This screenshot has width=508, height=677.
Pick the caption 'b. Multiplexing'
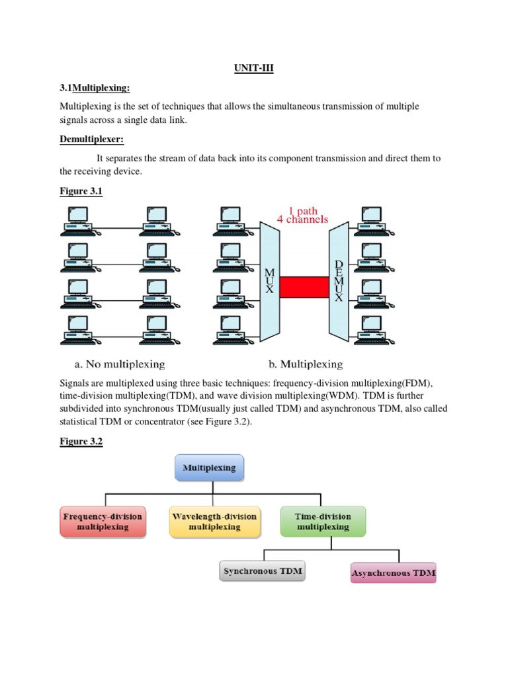pyautogui.click(x=305, y=364)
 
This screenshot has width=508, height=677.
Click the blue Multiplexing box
pyautogui.click(x=209, y=467)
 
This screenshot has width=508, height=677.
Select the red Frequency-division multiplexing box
pyautogui.click(x=103, y=521)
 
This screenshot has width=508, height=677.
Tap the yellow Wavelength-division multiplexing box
pyautogui.click(x=214, y=521)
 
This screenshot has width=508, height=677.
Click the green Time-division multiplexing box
pyautogui.click(x=323, y=521)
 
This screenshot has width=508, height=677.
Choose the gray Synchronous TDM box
pyautogui.click(x=262, y=571)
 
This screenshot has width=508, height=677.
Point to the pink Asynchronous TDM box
pyautogui.click(x=393, y=573)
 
